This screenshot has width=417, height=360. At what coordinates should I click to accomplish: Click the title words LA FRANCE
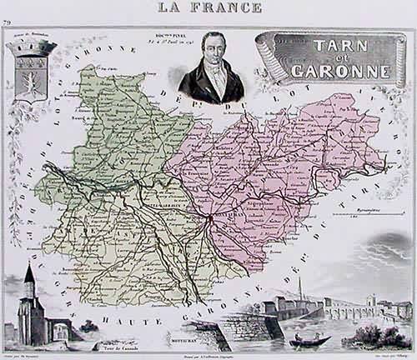pos(208,7)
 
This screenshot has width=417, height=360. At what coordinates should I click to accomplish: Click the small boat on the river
pos(310,340)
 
